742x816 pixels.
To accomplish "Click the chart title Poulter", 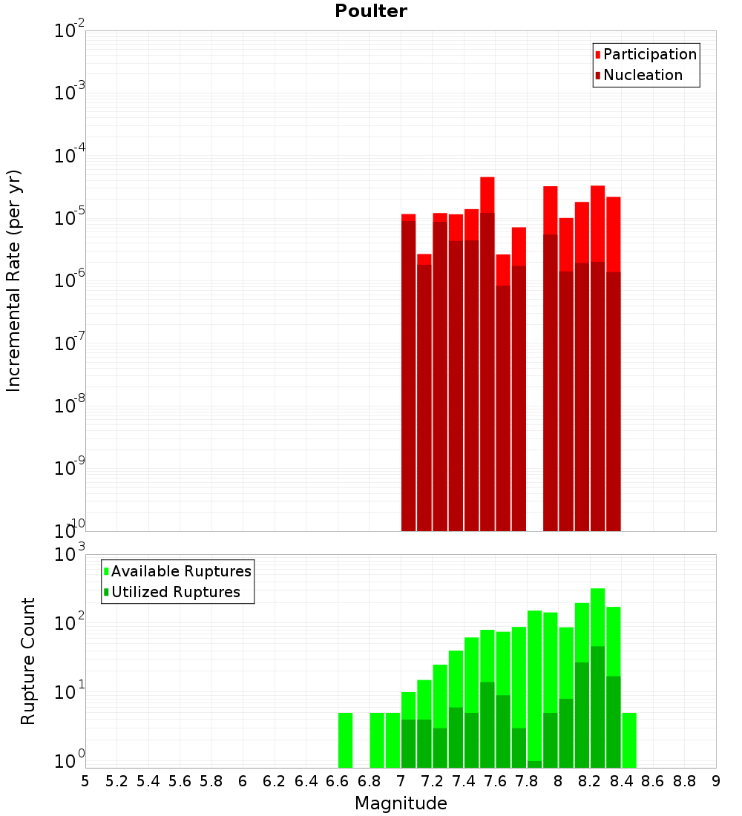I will (371, 11).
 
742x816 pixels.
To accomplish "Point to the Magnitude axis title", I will (401, 803).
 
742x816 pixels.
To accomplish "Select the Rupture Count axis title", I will (28, 661).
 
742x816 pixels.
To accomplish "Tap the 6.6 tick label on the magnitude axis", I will (338, 780).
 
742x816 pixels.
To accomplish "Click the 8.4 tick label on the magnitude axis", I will (622, 780).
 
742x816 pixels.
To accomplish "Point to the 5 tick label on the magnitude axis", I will (85, 780).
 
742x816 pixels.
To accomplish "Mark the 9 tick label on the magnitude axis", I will (716, 780).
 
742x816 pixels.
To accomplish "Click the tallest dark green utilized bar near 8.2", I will (597, 705).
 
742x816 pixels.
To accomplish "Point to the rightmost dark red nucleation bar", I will (614, 401).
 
